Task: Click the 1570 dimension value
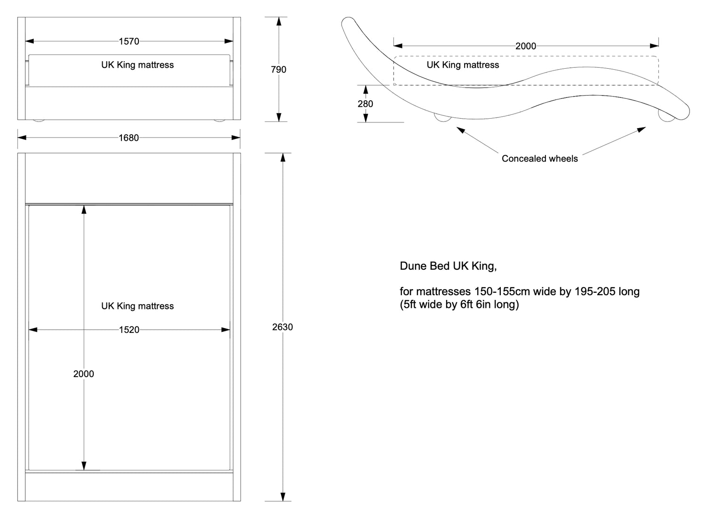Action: point(128,41)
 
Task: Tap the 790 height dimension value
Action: point(279,70)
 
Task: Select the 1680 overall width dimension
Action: point(128,138)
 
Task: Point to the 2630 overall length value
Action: point(282,327)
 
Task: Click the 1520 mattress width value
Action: point(129,330)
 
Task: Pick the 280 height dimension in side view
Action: point(365,104)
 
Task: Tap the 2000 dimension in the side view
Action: point(525,46)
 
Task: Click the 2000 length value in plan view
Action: point(84,374)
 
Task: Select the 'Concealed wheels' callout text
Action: point(539,159)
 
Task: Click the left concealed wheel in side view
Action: point(442,117)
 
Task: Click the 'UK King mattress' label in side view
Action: point(463,65)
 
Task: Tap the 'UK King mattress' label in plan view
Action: point(137,306)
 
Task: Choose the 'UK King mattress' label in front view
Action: point(137,65)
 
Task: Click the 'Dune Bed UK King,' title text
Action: point(448,266)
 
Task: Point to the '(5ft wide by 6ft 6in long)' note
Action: point(459,305)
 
